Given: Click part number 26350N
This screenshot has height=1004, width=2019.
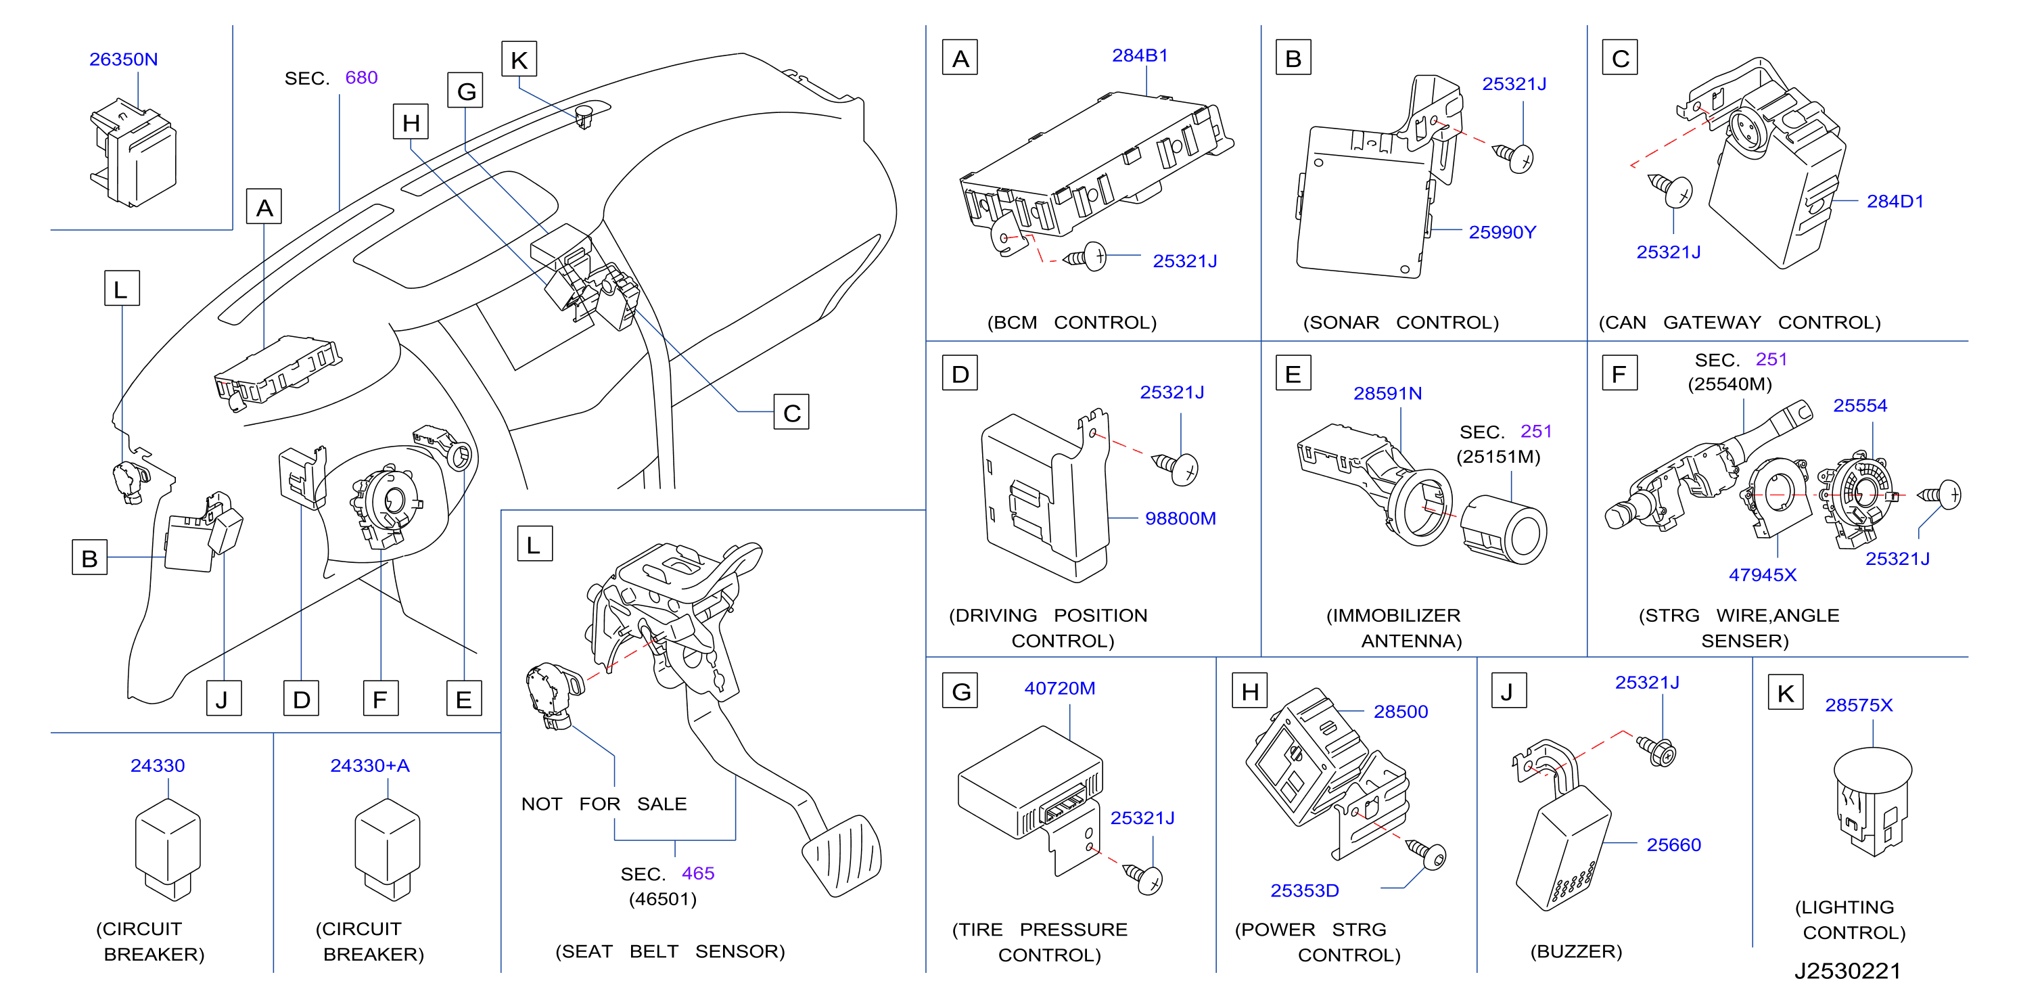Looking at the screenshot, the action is [123, 60].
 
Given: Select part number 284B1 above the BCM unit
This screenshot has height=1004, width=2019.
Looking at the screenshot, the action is [1140, 55].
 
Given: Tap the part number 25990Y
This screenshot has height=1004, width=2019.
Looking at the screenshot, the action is [1502, 232].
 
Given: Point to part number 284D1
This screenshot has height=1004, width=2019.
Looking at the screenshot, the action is [1895, 202].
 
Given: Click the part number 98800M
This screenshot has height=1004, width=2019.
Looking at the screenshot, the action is [1180, 518].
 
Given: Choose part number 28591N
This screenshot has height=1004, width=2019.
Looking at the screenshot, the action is [1387, 394].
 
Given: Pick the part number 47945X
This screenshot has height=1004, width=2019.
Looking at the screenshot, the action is [1762, 574].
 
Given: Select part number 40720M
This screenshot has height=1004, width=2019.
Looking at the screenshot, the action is [1060, 688].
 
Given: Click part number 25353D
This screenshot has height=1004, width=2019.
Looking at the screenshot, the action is [1304, 890].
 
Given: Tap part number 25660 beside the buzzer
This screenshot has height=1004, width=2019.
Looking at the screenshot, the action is [1673, 845].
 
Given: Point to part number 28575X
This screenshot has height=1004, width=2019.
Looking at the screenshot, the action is [1858, 706].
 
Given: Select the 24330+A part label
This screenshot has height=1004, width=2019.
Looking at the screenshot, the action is [369, 766].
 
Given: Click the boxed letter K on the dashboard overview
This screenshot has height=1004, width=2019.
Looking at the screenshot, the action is [519, 60].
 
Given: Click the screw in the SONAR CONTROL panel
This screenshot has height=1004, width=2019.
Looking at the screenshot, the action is [1512, 157].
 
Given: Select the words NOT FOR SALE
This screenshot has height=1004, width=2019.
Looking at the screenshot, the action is [603, 804].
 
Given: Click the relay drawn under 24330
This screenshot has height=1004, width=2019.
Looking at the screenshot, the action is [168, 850].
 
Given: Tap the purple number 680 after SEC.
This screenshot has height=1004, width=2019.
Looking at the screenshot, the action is [361, 78].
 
